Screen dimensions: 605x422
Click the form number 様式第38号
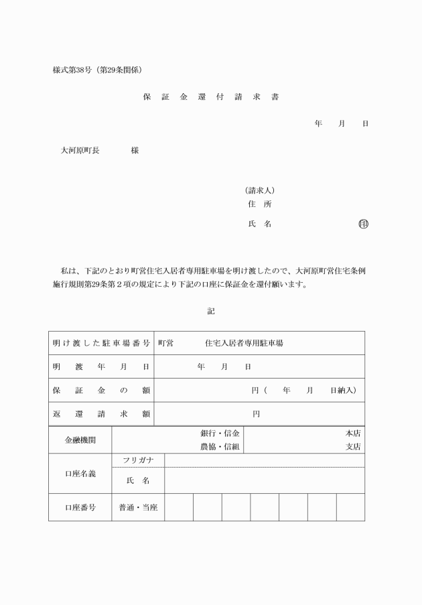pyautogui.click(x=74, y=70)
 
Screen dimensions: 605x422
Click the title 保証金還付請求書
pyautogui.click(x=211, y=97)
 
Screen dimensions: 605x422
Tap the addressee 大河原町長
pyautogui.click(x=80, y=151)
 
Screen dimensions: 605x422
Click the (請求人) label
pyautogui.click(x=260, y=190)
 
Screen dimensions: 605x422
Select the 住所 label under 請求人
pyautogui.click(x=259, y=204)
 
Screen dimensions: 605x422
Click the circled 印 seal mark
pyautogui.click(x=364, y=224)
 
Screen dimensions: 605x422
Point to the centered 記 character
pyautogui.click(x=211, y=311)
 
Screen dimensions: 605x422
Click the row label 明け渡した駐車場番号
pyautogui.click(x=101, y=343)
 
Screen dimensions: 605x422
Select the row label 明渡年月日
pyautogui.click(x=101, y=366)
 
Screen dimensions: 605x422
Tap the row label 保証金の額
pyautogui.click(x=101, y=390)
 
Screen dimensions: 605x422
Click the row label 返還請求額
pyautogui.click(x=101, y=414)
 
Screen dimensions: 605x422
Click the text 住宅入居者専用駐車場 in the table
pyautogui.click(x=244, y=343)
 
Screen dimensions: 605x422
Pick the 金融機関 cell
pyautogui.click(x=80, y=440)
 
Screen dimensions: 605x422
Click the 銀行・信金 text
pyautogui.click(x=220, y=433)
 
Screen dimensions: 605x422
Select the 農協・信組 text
pyautogui.click(x=220, y=446)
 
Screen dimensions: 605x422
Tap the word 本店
pyautogui.click(x=353, y=433)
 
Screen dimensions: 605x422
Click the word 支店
pyautogui.click(x=353, y=446)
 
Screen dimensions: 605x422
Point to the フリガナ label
pyautogui.click(x=138, y=460)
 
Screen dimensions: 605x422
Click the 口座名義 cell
pyautogui.click(x=80, y=474)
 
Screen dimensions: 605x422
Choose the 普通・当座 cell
pyautogui.click(x=138, y=507)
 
